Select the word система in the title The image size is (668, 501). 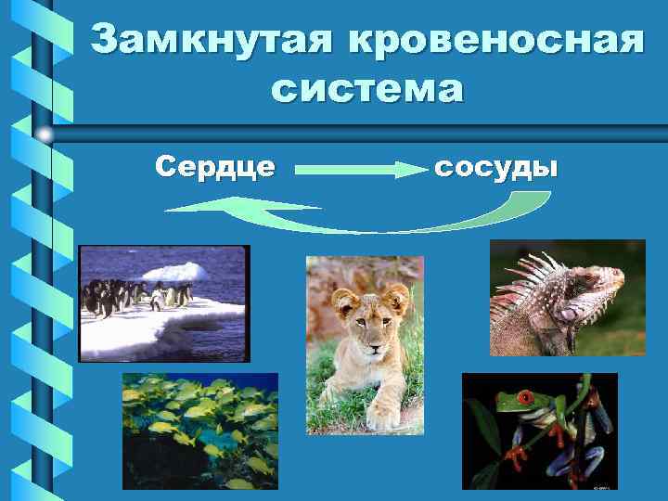pyautogui.click(x=366, y=90)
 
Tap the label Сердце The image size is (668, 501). pyautogui.click(x=214, y=167)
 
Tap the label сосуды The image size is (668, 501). pyautogui.click(x=496, y=167)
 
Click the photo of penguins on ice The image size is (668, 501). pyautogui.click(x=164, y=302)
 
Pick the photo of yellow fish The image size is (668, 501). pyautogui.click(x=199, y=430)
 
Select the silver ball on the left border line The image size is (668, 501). pyautogui.click(x=45, y=135)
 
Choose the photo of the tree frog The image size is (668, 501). pyautogui.click(x=539, y=430)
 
